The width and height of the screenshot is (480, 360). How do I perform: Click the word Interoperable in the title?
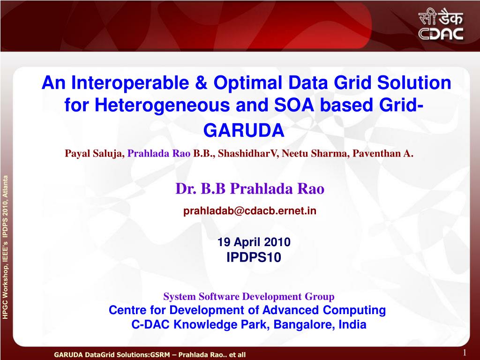point(130,82)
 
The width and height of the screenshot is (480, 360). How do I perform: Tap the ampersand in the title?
point(201,82)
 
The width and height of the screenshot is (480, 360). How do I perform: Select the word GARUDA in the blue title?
point(244,130)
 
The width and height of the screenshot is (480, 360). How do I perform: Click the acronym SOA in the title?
point(293,105)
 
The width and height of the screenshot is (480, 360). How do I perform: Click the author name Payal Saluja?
point(94,153)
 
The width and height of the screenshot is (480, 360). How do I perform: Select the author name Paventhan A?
point(383,153)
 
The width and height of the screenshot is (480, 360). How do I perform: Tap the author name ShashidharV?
point(247,153)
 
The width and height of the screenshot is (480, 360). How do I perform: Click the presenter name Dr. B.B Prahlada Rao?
point(250,188)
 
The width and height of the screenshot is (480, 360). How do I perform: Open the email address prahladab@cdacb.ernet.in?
point(250,211)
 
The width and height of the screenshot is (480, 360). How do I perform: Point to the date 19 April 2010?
point(254,242)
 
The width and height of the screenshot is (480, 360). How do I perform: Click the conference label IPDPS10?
point(254,257)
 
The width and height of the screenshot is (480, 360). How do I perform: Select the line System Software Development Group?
point(249,297)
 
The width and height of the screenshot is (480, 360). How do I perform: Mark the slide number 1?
point(465,352)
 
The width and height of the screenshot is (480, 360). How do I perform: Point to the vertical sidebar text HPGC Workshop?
point(5,294)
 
